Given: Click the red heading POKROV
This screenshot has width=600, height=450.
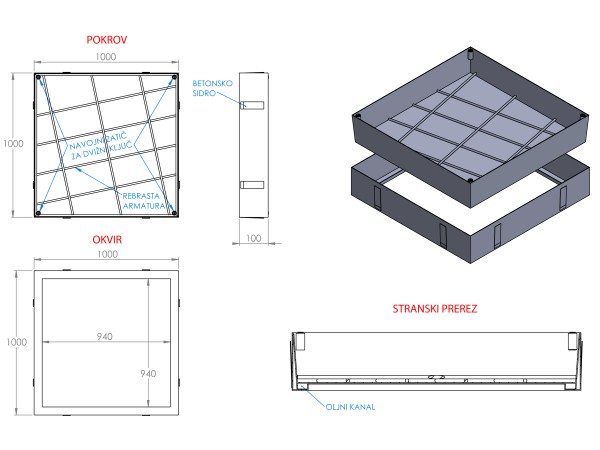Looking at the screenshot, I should click(107, 40).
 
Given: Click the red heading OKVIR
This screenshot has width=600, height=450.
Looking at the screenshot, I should click(107, 240).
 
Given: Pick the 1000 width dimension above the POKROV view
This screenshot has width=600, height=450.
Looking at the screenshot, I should click(106, 57).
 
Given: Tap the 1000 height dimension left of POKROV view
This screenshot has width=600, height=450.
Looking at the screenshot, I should click(13, 144).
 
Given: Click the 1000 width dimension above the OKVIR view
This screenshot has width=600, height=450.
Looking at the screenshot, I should click(106, 255).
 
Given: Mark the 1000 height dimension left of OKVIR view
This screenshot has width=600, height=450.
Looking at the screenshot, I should click(13, 341).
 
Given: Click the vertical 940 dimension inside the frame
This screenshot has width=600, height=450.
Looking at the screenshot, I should click(147, 373).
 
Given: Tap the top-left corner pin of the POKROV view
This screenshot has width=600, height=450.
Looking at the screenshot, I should click(39, 78).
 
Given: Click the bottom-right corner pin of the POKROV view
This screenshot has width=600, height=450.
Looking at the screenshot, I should click(174, 211).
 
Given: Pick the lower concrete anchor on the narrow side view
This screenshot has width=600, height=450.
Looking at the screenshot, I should click(253, 183).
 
